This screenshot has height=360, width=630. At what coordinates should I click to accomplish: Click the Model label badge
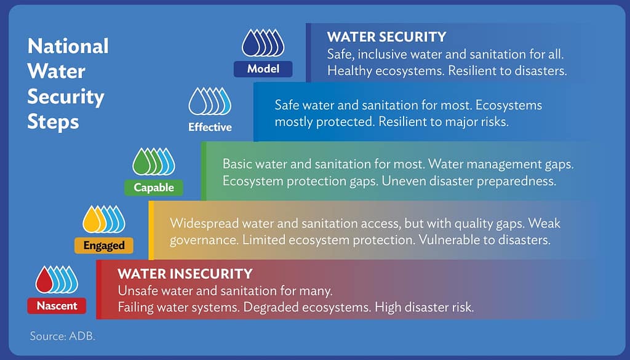pyautogui.click(x=263, y=69)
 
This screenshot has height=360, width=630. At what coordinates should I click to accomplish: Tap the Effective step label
pyautogui.click(x=210, y=127)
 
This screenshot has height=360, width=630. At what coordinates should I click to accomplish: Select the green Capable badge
pyautogui.click(x=154, y=188)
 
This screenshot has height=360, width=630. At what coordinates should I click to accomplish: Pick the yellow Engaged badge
pyautogui.click(x=104, y=246)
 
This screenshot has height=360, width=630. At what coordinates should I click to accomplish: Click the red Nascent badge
pyautogui.click(x=57, y=305)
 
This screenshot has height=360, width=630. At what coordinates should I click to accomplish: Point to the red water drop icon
pyautogui.click(x=44, y=281)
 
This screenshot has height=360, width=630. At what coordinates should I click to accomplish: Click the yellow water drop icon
pyautogui.click(x=91, y=220)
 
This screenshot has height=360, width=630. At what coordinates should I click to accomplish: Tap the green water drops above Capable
pyautogui.click(x=154, y=162)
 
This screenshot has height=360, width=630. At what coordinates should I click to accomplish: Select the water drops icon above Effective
pyautogui.click(x=210, y=102)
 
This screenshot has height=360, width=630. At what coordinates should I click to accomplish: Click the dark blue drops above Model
pyautogui.click(x=263, y=44)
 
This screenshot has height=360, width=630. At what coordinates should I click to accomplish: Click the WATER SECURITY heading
pyautogui.click(x=386, y=37)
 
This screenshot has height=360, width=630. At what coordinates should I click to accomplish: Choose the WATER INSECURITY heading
pyautogui.click(x=185, y=273)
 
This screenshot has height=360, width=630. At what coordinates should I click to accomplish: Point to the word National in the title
pyautogui.click(x=68, y=46)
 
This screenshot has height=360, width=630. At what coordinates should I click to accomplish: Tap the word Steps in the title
pyautogui.click(x=54, y=121)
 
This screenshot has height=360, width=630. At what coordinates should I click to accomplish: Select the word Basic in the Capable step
pyautogui.click(x=238, y=164)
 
